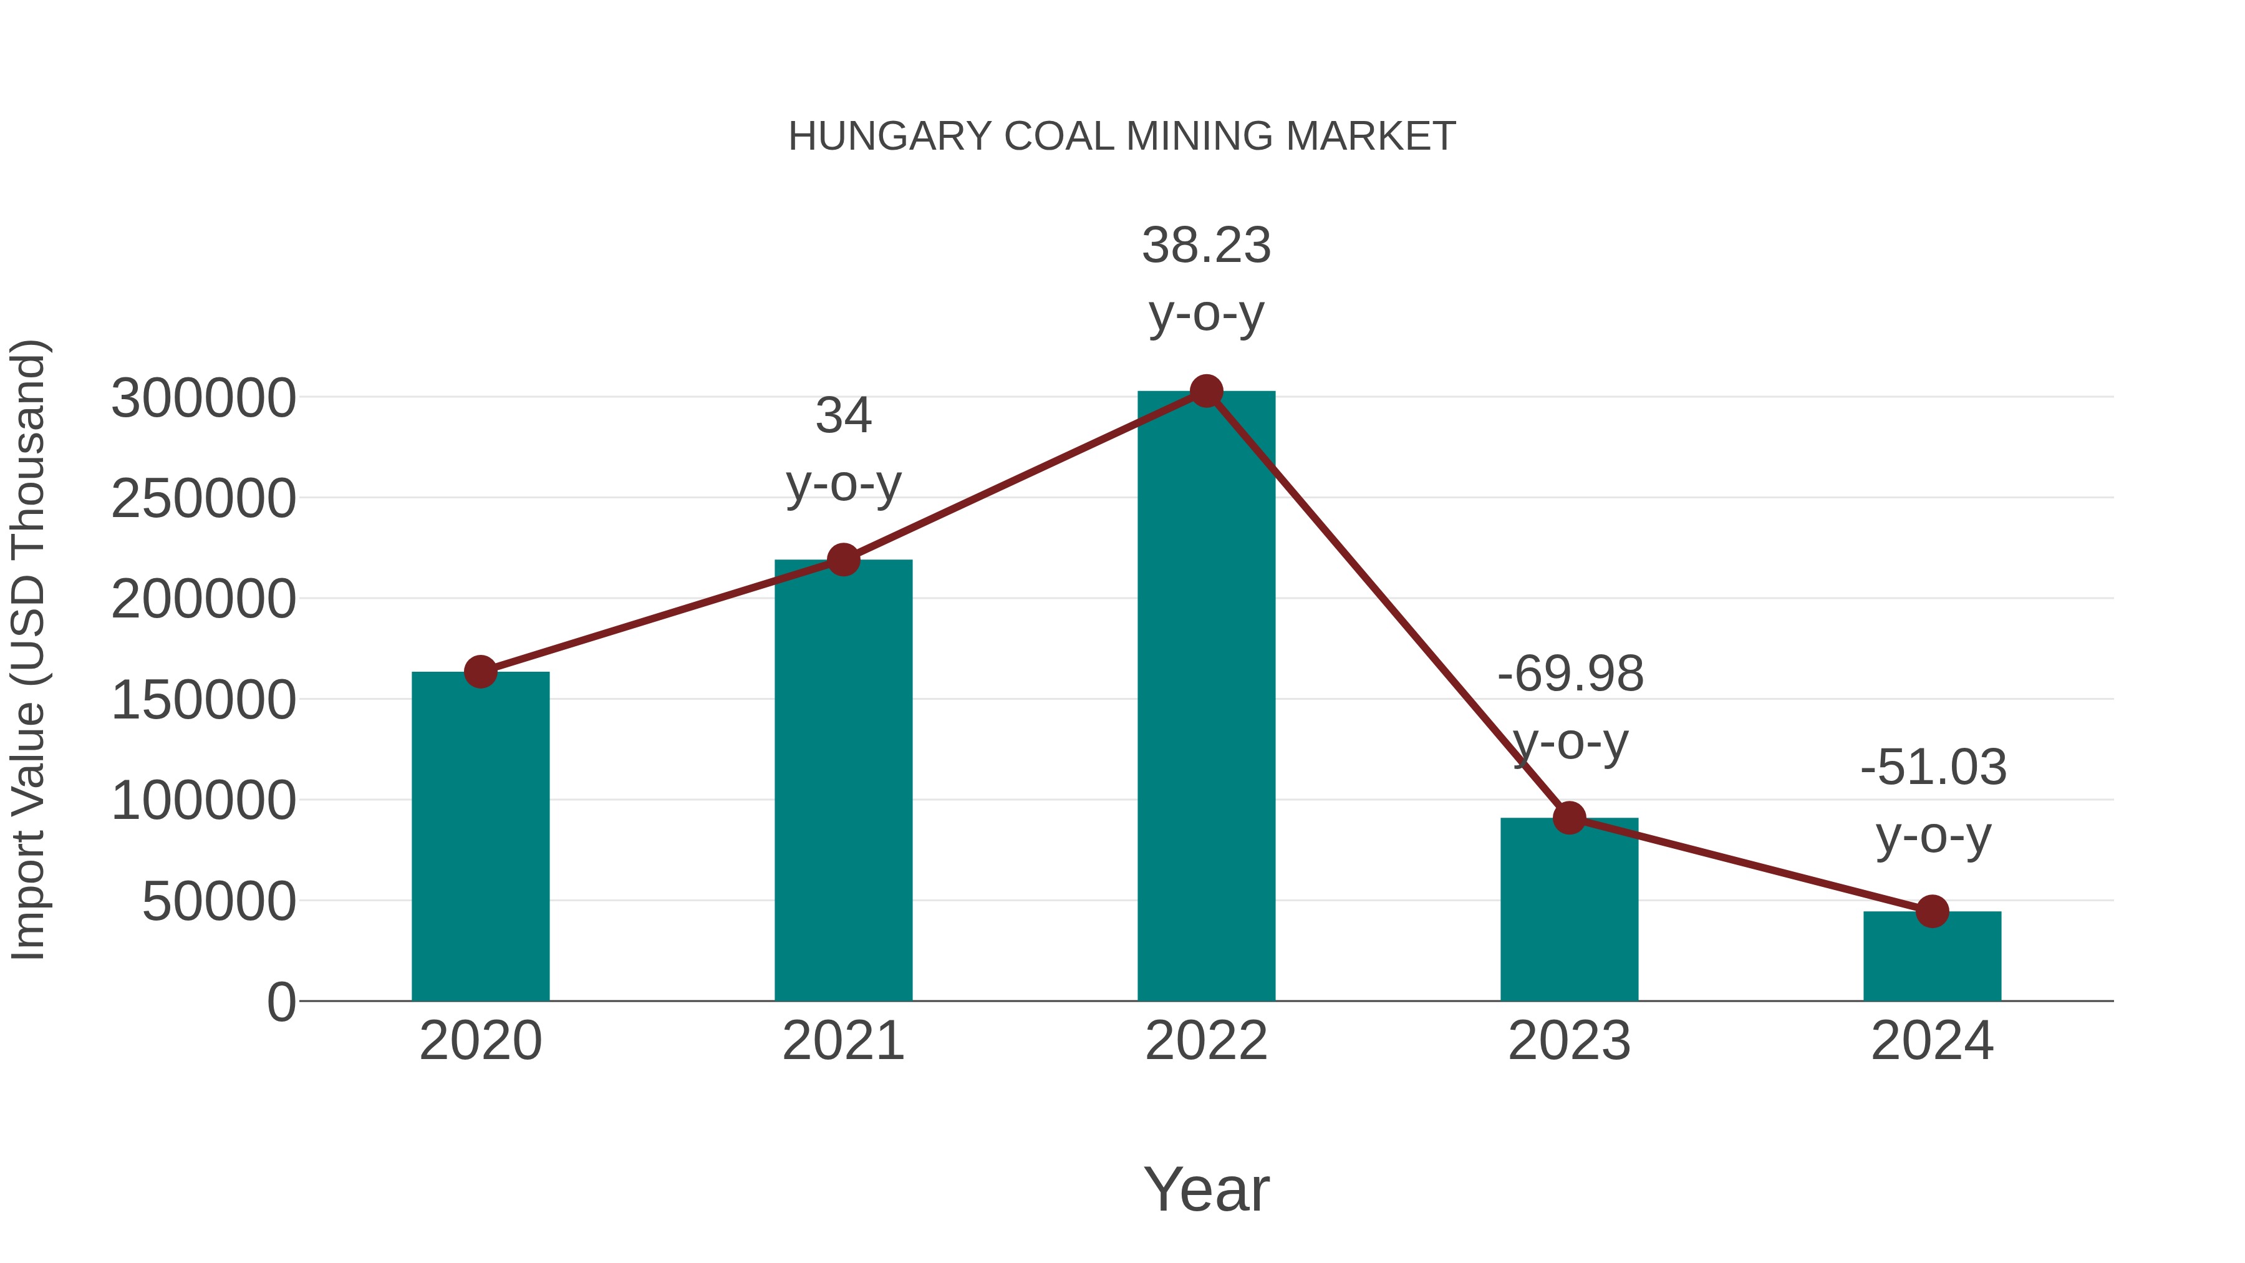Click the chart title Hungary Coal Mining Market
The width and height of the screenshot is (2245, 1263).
pyautogui.click(x=1122, y=137)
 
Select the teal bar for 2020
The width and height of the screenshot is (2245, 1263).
pyautogui.click(x=480, y=837)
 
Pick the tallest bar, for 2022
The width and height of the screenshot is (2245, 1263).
pyautogui.click(x=1206, y=697)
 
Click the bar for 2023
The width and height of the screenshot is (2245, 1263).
pyautogui.click(x=1569, y=911)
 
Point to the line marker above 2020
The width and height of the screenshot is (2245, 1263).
pyautogui.click(x=480, y=672)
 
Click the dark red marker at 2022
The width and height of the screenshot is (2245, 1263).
pyautogui.click(x=1206, y=391)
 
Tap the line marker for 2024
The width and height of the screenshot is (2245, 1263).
pyautogui.click(x=1932, y=912)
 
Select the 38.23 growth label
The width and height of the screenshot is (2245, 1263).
pyautogui.click(x=1206, y=246)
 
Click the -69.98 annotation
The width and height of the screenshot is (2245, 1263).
pyautogui.click(x=1570, y=675)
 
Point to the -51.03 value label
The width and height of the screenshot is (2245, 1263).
pyautogui.click(x=1933, y=768)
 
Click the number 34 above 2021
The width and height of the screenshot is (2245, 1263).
pyautogui.click(x=842, y=416)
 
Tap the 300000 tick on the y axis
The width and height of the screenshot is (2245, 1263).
pyautogui.click(x=203, y=399)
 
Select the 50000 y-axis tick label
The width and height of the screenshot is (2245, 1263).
pyautogui.click(x=219, y=902)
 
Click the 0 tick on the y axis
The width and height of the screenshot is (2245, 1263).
pyautogui.click(x=281, y=1002)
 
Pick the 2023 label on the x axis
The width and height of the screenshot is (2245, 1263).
pyautogui.click(x=1569, y=1042)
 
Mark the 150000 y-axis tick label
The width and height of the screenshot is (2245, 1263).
pyautogui.click(x=203, y=701)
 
